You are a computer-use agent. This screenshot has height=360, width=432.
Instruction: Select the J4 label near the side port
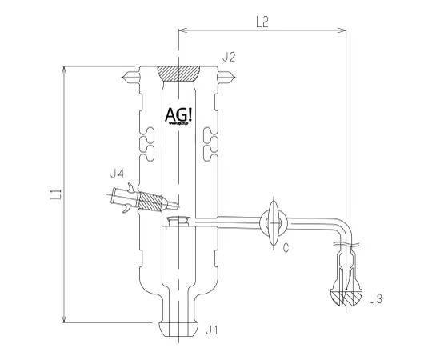(x=117, y=174)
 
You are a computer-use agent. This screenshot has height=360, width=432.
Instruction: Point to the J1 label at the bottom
(x=211, y=329)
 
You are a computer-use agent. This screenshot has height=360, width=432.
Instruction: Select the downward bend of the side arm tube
(x=343, y=230)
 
